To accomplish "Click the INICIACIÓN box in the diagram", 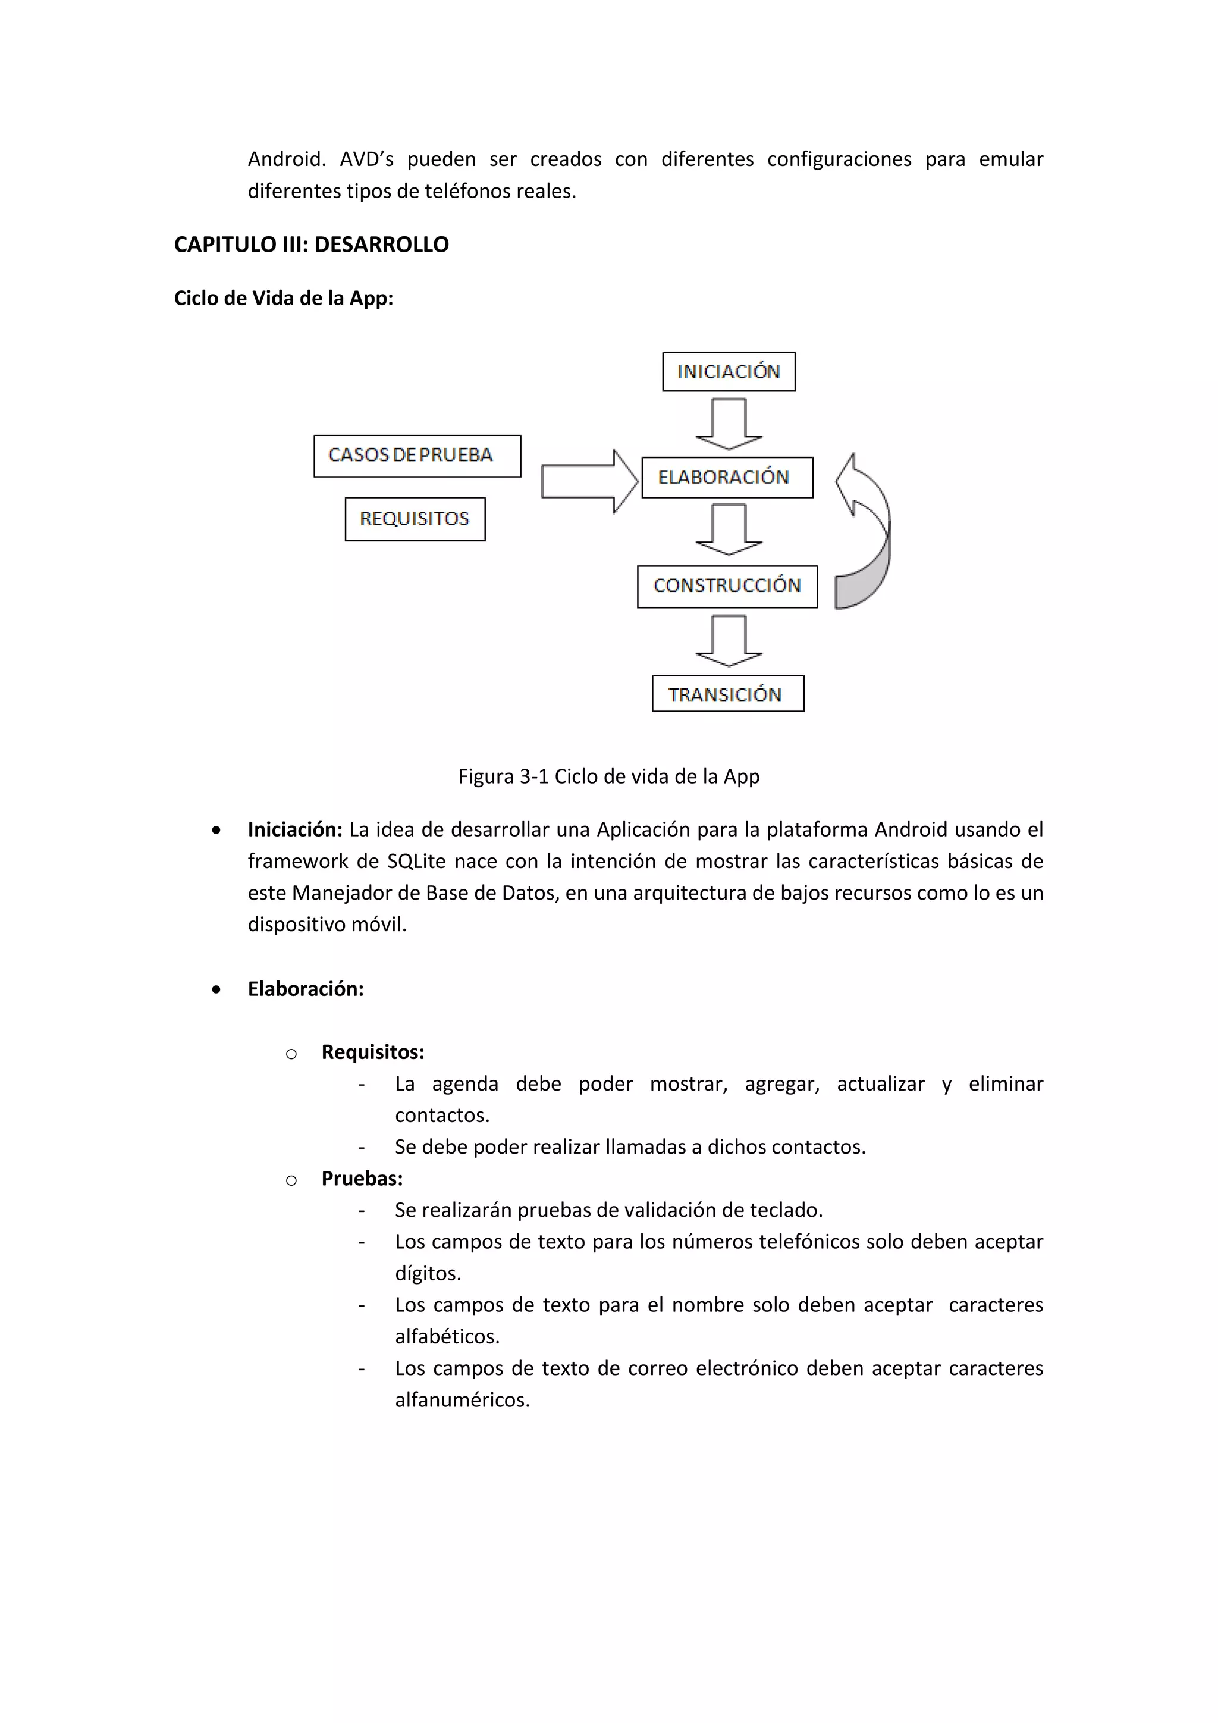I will click(x=729, y=371).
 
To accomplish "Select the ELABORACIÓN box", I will click(x=727, y=477).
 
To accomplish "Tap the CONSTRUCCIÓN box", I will click(x=727, y=586).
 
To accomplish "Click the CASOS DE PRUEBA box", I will click(x=417, y=456).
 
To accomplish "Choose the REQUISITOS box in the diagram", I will click(x=415, y=519).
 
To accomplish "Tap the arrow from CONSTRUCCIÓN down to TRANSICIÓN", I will click(x=729, y=640).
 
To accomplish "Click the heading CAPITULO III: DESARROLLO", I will click(x=311, y=245).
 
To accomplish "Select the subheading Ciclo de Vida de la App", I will click(x=284, y=298).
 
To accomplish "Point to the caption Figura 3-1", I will click(x=608, y=776).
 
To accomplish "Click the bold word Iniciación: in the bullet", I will click(x=295, y=829).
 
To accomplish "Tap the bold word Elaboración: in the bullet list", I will click(x=305, y=988).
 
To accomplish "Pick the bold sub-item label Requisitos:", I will click(x=373, y=1052).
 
